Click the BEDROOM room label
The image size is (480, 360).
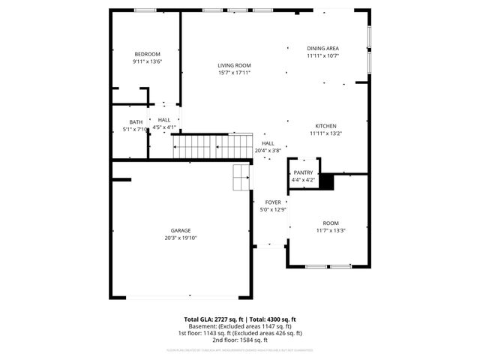(147, 54)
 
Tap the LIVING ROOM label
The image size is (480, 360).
(234, 65)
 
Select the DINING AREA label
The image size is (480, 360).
(322, 48)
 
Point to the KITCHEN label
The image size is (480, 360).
(325, 126)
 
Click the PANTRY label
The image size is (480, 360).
(303, 172)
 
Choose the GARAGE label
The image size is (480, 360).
(180, 230)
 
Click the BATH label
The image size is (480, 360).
(136, 122)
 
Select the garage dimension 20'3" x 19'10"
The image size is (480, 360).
(180, 238)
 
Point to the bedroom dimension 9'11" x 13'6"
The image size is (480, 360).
(147, 61)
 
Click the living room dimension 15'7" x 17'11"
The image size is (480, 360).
(234, 73)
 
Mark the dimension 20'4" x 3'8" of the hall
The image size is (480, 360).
(268, 151)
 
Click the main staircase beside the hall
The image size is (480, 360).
(213, 145)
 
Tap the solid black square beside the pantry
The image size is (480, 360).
(326, 181)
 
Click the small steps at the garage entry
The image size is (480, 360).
(241, 178)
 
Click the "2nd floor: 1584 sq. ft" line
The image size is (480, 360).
(240, 339)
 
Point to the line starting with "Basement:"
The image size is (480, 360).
(240, 326)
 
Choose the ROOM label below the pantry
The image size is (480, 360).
(331, 223)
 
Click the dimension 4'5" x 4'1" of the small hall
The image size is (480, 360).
(163, 127)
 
